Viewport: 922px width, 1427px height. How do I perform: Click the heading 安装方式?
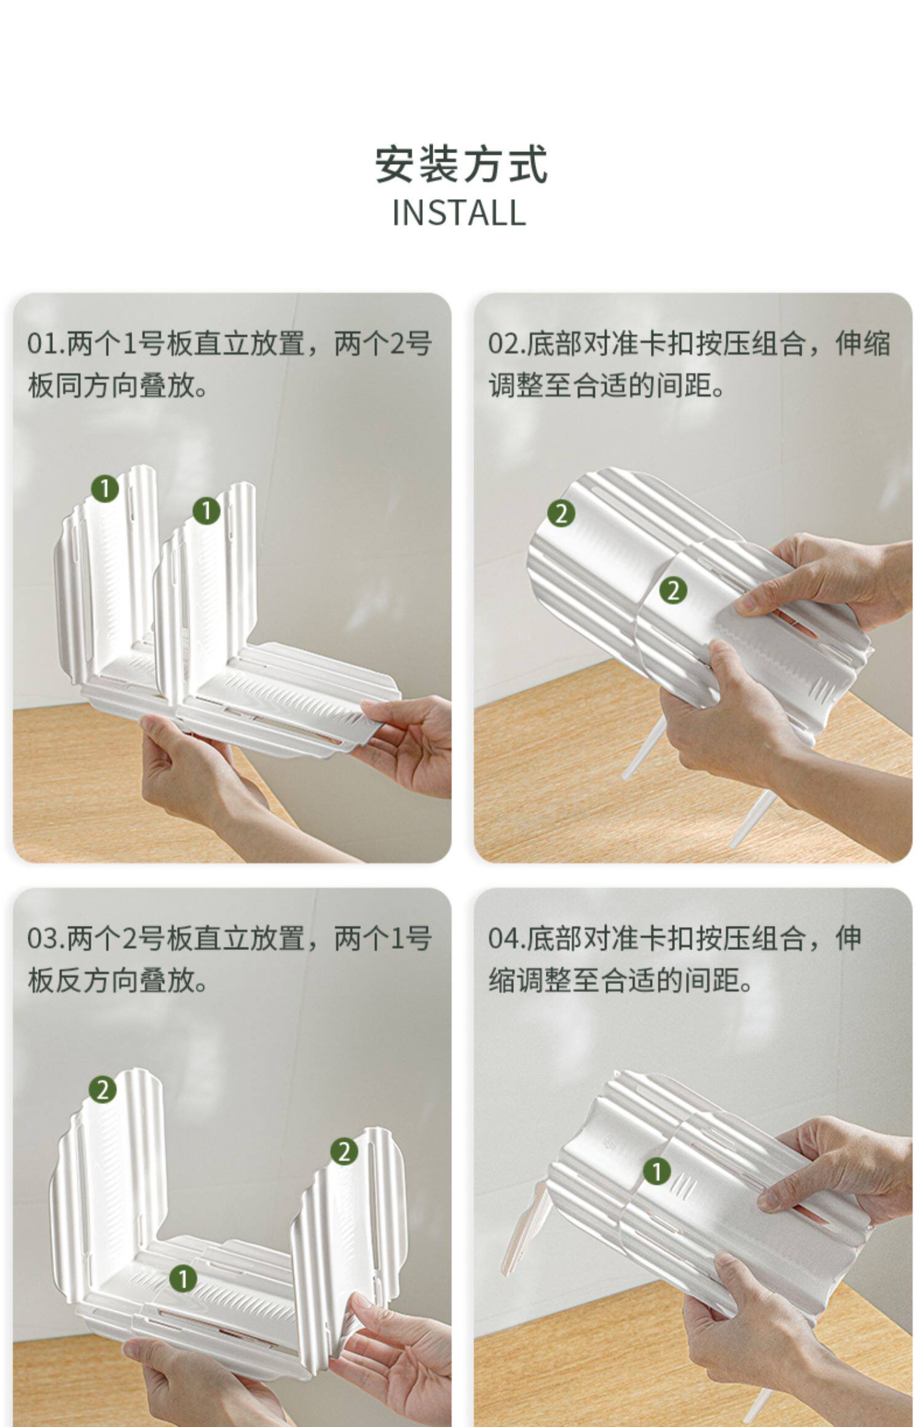pyautogui.click(x=461, y=164)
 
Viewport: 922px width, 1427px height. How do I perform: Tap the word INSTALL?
pyautogui.click(x=459, y=213)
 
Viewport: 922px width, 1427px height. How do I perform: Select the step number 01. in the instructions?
pyautogui.click(x=46, y=344)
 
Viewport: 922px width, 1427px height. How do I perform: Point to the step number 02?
pyautogui.click(x=507, y=344)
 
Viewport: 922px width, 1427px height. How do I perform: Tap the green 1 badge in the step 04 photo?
pyautogui.click(x=657, y=1171)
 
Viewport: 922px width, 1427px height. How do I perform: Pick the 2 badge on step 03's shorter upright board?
pyautogui.click(x=344, y=1152)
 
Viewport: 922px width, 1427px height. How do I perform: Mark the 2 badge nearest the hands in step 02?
pyautogui.click(x=673, y=591)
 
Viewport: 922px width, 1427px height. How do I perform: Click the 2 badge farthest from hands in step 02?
pyautogui.click(x=561, y=513)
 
